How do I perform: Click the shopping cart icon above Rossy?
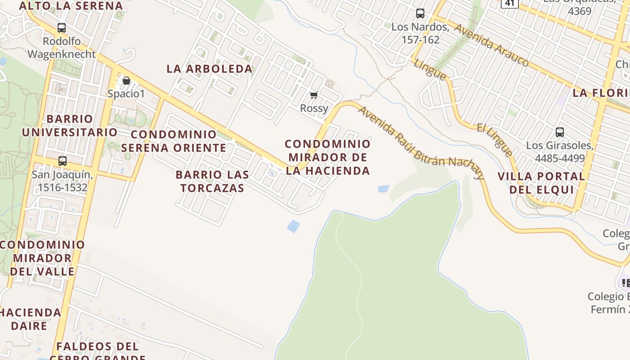click(314, 95)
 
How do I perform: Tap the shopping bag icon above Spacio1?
click(126, 81)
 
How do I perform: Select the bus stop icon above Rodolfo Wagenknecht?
click(62, 28)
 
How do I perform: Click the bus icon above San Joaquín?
click(63, 161)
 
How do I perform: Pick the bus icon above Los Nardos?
click(420, 13)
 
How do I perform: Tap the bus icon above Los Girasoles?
click(560, 132)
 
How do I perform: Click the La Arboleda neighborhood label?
click(210, 69)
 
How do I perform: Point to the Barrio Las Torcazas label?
click(212, 181)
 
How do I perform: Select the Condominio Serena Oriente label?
click(174, 141)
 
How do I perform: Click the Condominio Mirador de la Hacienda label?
click(328, 157)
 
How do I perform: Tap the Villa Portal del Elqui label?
click(541, 183)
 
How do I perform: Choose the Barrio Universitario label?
click(70, 126)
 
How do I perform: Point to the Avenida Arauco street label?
click(491, 45)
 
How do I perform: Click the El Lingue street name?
click(495, 139)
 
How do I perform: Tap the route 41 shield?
click(509, 4)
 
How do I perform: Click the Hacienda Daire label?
click(30, 319)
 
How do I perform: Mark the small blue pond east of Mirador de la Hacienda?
click(383, 189)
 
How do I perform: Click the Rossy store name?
click(314, 108)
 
